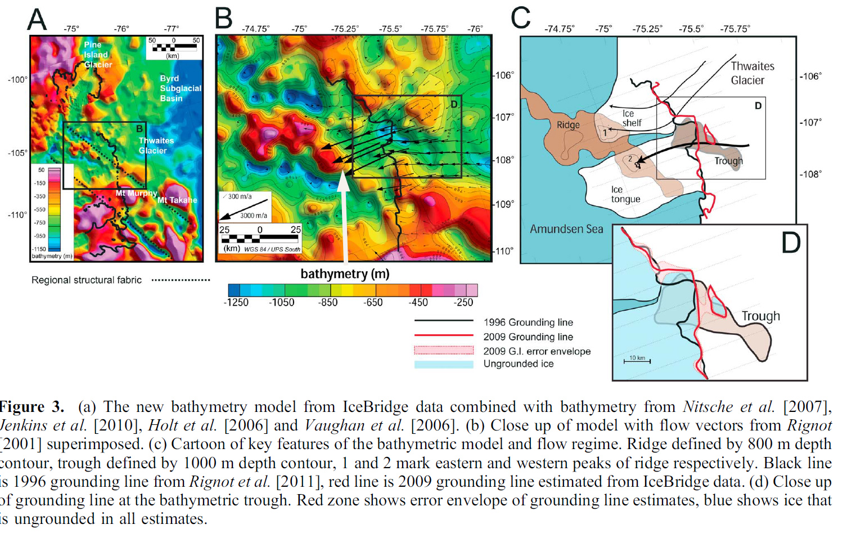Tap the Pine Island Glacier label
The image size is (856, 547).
tap(98, 55)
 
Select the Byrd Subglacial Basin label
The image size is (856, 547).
tap(180, 88)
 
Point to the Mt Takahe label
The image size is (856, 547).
tap(177, 200)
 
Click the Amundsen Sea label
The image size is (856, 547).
tap(566, 229)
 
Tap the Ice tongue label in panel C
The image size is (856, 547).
tap(625, 194)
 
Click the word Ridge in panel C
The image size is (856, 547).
tap(568, 125)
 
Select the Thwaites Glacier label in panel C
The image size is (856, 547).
tap(752, 73)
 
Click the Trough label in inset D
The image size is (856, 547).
tap(760, 316)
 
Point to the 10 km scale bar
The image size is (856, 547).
tap(637, 361)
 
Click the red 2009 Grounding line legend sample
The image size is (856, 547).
tap(444, 335)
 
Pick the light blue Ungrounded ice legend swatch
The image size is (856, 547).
tap(444, 364)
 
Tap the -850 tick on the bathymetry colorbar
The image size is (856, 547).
tap(328, 303)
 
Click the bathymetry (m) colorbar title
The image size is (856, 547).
tap(345, 274)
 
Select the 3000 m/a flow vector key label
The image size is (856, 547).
tap(254, 216)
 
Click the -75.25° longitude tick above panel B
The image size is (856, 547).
tap(345, 29)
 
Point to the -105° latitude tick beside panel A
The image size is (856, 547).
tap(17, 153)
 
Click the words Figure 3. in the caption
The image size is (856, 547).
tap(31, 407)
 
